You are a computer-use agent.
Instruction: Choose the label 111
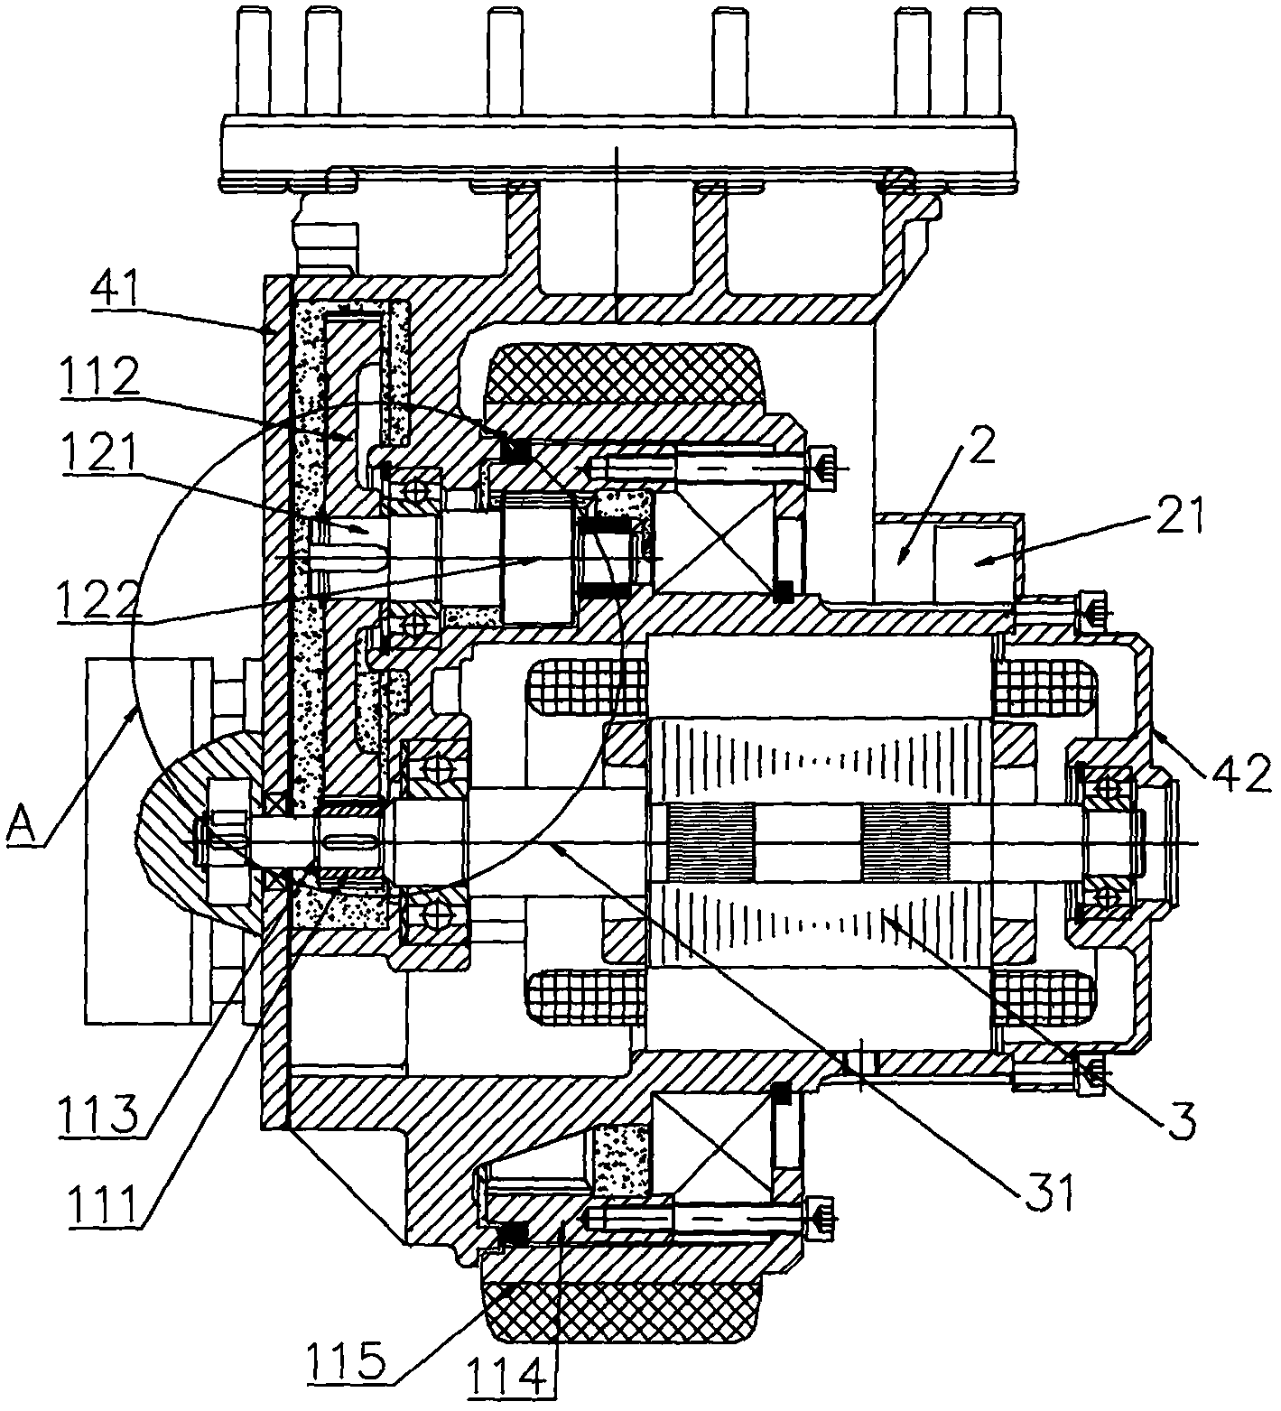[100, 1205]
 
